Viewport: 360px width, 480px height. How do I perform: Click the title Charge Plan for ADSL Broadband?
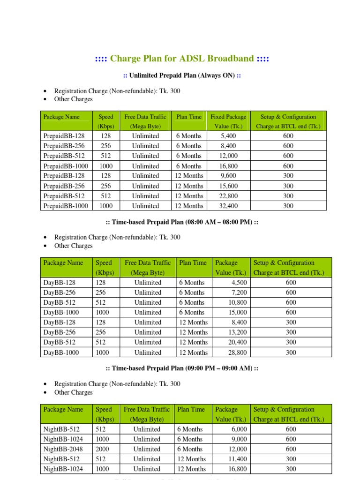pos(182,59)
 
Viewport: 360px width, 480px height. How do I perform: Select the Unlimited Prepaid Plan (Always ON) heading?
pos(182,75)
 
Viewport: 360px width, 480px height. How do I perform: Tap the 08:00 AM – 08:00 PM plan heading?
pos(182,222)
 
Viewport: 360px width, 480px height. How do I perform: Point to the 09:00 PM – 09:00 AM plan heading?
pos(182,369)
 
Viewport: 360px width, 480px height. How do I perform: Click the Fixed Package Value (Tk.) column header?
pos(228,121)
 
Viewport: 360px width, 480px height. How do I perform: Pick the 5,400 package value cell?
pos(228,136)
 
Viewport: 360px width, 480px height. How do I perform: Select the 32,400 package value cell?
pos(228,206)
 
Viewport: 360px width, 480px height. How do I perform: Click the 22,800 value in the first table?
pos(228,196)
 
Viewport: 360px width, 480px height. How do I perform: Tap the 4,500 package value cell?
pos(238,283)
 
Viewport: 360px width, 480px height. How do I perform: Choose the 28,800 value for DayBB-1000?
pos(237,352)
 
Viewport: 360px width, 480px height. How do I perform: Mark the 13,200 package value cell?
pos(237,332)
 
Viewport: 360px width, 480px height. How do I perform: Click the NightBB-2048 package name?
pos(62,449)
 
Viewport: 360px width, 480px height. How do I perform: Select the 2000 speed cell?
pos(102,449)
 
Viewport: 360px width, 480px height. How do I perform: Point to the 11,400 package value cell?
pos(237,459)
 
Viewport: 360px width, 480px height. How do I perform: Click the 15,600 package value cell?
pos(228,186)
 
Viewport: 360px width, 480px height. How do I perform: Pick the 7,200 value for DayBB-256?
pos(238,292)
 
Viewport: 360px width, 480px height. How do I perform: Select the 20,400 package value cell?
pos(237,342)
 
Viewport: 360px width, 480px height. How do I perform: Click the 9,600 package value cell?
pos(228,176)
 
